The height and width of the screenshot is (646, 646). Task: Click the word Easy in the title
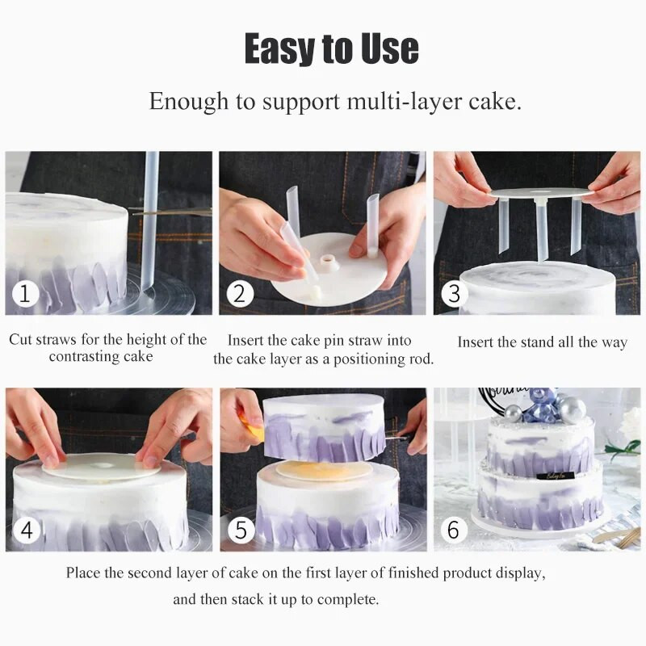coord(279,48)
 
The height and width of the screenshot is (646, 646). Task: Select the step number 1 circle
coord(25,294)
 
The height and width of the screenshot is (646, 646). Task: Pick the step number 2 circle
coord(240,294)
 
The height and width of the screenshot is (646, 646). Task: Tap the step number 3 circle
coord(454,294)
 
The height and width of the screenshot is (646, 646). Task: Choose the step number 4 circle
coord(27,531)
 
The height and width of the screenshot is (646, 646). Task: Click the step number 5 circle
coord(241,531)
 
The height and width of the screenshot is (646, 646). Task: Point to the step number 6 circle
coord(454,531)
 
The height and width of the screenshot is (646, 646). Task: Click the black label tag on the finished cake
coord(556,476)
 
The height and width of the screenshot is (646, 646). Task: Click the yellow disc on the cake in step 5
coord(324,470)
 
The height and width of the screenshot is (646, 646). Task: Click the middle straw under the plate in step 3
coord(540,231)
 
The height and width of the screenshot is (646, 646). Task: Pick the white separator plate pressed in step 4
coord(99,468)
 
